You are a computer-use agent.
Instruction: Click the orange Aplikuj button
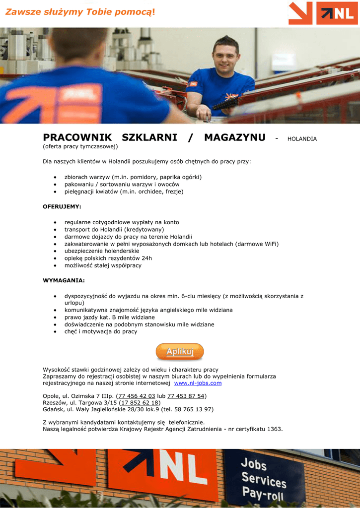pos(180,352)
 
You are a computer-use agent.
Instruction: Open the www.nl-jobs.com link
pos(198,383)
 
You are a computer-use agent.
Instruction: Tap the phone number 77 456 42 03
pos(137,396)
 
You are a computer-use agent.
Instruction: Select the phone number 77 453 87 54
pos(186,396)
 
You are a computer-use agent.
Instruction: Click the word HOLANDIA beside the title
pos(302,139)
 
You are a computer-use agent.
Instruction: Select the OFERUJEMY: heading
pos(62,206)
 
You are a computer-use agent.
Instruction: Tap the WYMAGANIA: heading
pos(64,281)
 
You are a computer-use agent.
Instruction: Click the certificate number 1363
pos(274,429)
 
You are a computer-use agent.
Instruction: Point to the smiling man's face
pos(226,56)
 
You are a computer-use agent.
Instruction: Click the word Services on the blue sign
pos(264,480)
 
